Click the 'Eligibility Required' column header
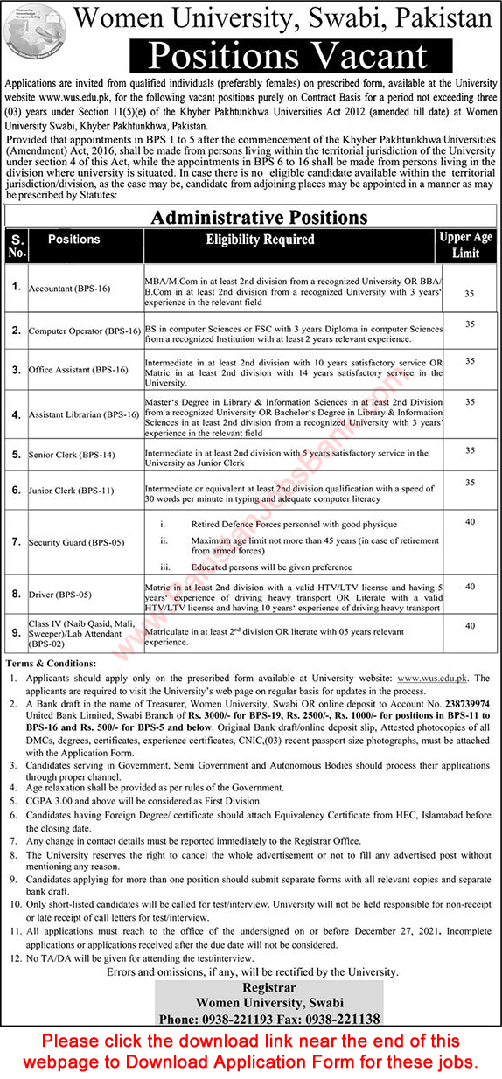pyautogui.click(x=260, y=239)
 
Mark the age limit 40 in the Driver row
pyautogui.click(x=470, y=587)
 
